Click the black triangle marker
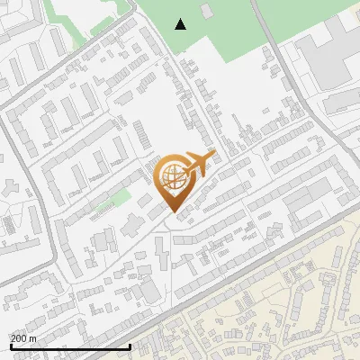click(x=181, y=24)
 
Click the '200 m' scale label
click(x=23, y=338)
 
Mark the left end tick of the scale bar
click(x=10, y=346)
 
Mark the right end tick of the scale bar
click(x=130, y=346)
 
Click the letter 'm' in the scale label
click(x=32, y=338)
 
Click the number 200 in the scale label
click(x=19, y=338)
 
